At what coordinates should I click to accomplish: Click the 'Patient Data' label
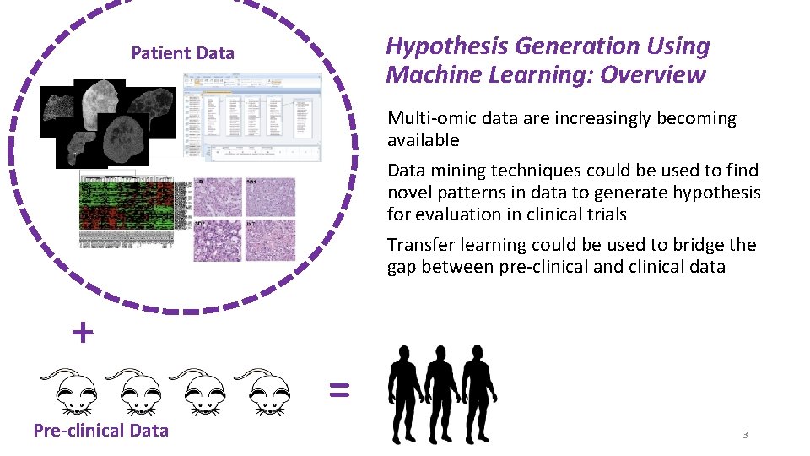(182, 53)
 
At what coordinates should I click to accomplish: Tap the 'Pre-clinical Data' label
(100, 431)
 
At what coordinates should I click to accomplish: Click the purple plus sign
(83, 334)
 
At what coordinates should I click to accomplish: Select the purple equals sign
(338, 388)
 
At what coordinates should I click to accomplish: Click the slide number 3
(745, 435)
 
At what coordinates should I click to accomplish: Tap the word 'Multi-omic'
(429, 118)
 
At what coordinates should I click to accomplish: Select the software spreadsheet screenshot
(252, 117)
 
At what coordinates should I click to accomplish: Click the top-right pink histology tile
(270, 197)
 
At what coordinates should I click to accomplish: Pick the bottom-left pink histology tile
(219, 241)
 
